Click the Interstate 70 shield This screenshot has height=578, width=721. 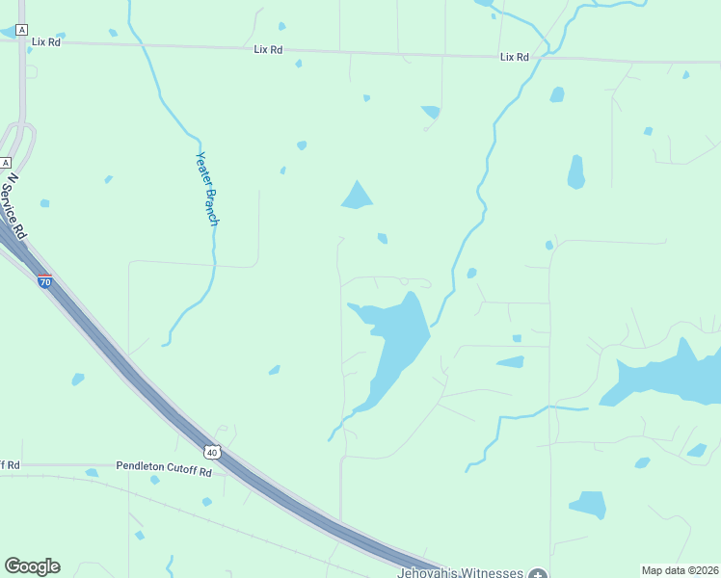click(x=44, y=281)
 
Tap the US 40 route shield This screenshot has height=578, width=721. click(x=213, y=451)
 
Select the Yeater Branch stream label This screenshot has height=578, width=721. click(x=207, y=189)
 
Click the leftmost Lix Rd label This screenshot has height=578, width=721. click(x=45, y=42)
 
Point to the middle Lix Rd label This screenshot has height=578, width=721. click(x=268, y=49)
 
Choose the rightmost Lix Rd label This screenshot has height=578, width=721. click(x=515, y=57)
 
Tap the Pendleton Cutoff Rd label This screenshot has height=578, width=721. click(x=164, y=466)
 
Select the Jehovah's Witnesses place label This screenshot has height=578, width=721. click(x=460, y=572)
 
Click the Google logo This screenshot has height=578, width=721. click(x=32, y=566)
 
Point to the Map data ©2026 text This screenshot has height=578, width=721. click(x=680, y=570)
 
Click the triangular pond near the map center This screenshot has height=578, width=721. click(x=357, y=197)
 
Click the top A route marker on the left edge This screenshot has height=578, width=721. click(x=21, y=31)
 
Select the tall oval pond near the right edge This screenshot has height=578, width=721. click(x=576, y=171)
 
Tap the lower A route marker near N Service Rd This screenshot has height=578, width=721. click(x=5, y=162)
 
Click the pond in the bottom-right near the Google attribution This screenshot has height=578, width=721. click(x=588, y=504)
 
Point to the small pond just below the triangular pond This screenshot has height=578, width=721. click(x=383, y=238)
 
